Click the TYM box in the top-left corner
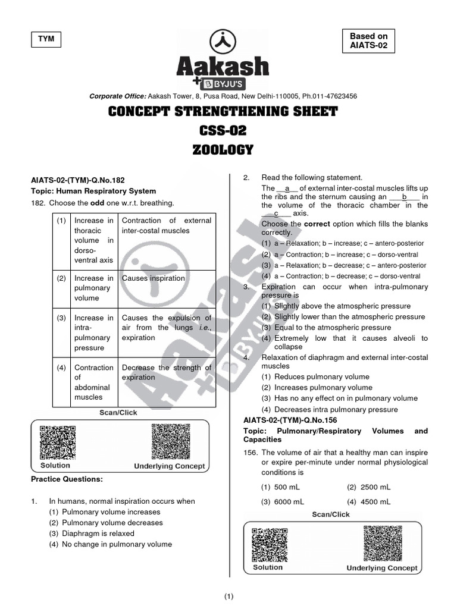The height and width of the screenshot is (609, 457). (x=46, y=39)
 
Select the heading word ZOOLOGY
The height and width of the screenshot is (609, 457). (x=223, y=150)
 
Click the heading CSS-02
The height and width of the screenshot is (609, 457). (x=223, y=131)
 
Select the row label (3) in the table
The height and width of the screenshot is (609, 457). (x=61, y=318)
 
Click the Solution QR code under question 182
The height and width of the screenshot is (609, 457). (x=57, y=442)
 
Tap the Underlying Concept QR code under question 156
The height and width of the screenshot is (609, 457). (x=381, y=544)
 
